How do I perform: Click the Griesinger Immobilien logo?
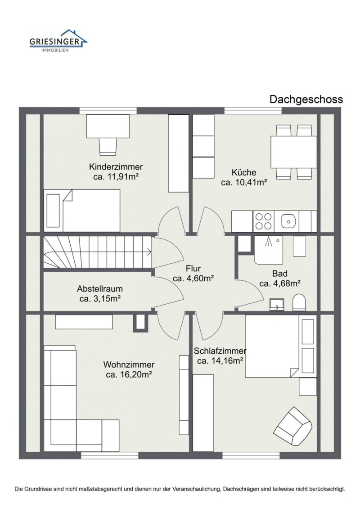58,41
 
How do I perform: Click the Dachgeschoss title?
306,99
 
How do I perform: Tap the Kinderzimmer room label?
116,167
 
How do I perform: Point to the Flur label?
193,269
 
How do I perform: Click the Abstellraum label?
100,288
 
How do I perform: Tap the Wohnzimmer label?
129,365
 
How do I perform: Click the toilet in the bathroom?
299,302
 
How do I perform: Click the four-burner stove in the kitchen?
263,221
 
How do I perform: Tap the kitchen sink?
288,221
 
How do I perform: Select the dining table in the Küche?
294,152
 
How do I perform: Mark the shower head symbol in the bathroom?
268,242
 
